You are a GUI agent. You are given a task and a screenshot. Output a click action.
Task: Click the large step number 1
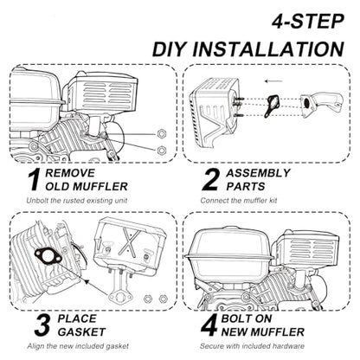(35, 180)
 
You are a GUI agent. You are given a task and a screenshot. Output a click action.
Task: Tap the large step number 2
(211, 180)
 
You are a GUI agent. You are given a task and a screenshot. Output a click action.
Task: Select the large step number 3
(42, 325)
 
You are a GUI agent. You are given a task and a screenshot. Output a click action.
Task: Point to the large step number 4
(209, 325)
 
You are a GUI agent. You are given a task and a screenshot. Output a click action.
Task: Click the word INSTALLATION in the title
(268, 49)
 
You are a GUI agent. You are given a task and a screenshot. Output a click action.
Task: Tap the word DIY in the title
(168, 49)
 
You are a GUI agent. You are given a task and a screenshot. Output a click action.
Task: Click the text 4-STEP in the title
(308, 22)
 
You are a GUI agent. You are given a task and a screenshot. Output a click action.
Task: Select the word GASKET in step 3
(81, 332)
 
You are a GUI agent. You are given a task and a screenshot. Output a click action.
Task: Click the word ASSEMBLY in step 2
(258, 173)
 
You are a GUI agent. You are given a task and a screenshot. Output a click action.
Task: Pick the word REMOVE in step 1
(70, 173)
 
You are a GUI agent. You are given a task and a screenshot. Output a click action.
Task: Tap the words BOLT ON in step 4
(247, 318)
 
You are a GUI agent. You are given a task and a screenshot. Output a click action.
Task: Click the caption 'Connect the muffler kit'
(239, 201)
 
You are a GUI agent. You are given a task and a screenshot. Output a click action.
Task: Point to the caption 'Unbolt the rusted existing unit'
(77, 201)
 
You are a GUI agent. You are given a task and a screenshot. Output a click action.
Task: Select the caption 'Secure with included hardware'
(252, 346)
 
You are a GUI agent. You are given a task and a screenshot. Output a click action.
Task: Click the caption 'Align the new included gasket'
(78, 346)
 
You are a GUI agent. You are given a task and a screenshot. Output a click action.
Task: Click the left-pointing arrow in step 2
(273, 81)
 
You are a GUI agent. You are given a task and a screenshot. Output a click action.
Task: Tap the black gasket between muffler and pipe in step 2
(272, 106)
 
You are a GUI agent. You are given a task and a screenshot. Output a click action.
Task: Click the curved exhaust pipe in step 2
(320, 104)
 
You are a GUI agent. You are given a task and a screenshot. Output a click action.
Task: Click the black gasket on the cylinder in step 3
(48, 255)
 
